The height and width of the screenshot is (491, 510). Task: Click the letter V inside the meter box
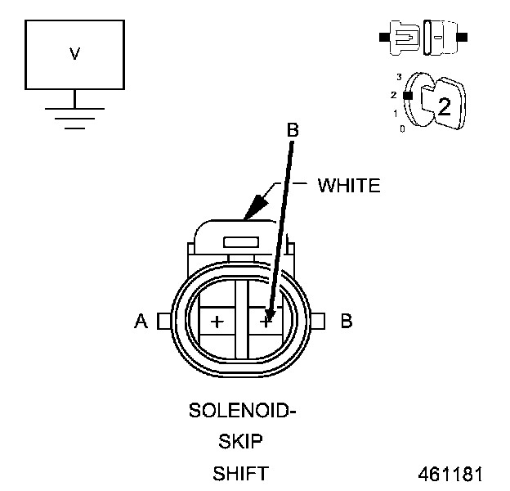pyautogui.click(x=74, y=54)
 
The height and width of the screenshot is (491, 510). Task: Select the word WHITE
pyautogui.click(x=349, y=186)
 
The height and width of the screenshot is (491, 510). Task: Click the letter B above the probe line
pyautogui.click(x=292, y=129)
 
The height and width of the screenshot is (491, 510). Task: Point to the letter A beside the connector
pyautogui.click(x=141, y=322)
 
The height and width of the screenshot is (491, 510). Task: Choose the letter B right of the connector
pyautogui.click(x=346, y=322)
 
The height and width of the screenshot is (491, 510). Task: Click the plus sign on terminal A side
pyautogui.click(x=217, y=322)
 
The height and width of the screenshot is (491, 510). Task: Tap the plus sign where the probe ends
pyautogui.click(x=266, y=322)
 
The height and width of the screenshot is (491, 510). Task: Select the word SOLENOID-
pyautogui.click(x=242, y=409)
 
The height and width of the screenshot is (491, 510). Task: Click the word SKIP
pyautogui.click(x=240, y=442)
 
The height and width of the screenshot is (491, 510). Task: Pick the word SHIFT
pyautogui.click(x=240, y=474)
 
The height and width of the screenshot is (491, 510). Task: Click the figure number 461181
pyautogui.click(x=450, y=474)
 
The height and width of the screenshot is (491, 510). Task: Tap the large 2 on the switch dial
pyautogui.click(x=444, y=106)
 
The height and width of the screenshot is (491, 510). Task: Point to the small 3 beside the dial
pyautogui.click(x=398, y=77)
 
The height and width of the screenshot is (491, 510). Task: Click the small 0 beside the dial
pyautogui.click(x=401, y=129)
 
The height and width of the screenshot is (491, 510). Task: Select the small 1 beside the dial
pyautogui.click(x=396, y=113)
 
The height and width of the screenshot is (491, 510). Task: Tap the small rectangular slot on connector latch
pyautogui.click(x=241, y=243)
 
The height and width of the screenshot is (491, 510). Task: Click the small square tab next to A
pyautogui.click(x=163, y=321)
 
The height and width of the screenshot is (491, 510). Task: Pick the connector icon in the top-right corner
pyautogui.click(x=423, y=38)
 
